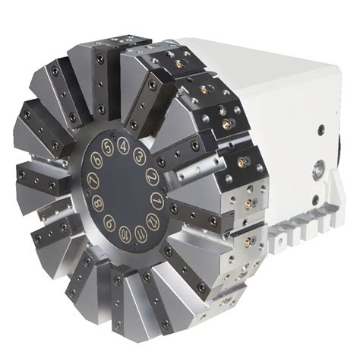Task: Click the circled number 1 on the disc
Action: [157, 200]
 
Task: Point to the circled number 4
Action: [123, 144]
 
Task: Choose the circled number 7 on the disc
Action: [93, 181]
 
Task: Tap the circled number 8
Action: [97, 203]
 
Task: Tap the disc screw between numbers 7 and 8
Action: [92, 192]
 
